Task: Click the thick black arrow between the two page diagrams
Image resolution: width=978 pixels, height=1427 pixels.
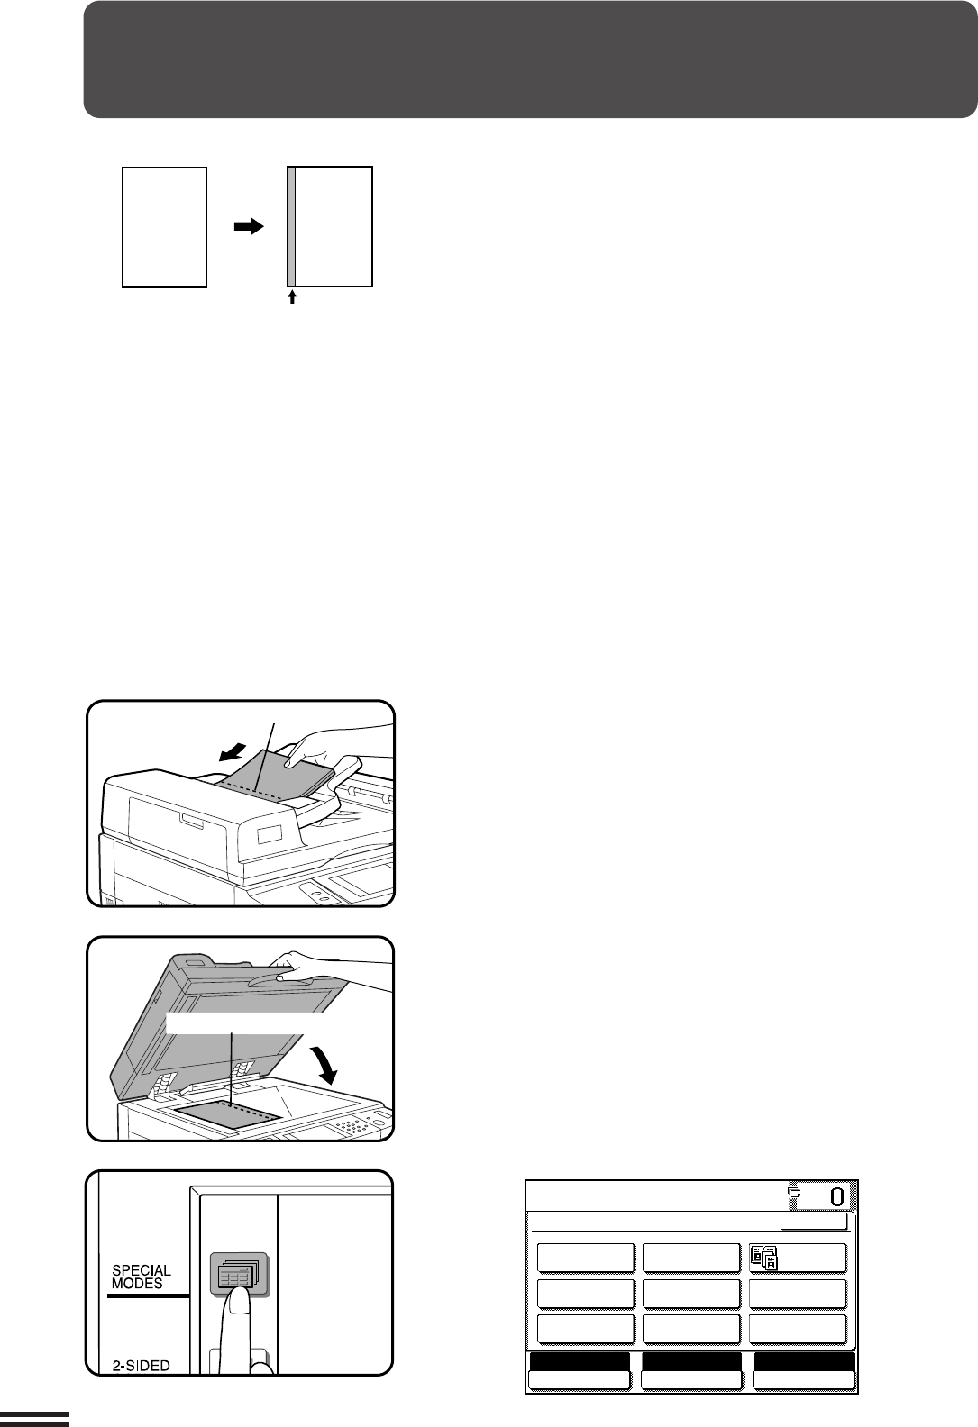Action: pos(249,226)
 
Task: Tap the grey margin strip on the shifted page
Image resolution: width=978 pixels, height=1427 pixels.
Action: pos(291,227)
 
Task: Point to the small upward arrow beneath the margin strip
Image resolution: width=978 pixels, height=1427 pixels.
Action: pos(292,297)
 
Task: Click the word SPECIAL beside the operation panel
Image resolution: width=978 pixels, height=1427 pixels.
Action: pos(142,1271)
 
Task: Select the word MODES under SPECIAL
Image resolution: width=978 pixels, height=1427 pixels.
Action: pos(137,1284)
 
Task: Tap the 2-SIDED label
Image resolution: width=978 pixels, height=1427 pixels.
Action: pos(141,1365)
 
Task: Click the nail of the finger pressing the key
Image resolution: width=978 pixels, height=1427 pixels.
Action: pos(239,1300)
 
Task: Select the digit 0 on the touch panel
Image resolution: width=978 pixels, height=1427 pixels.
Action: pos(837,1197)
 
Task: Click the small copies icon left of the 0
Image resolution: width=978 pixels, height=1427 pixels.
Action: pos(794,1192)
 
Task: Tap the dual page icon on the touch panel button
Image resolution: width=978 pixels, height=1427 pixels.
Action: pos(764,1259)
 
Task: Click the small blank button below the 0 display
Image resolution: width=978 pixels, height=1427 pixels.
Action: pos(814,1222)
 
